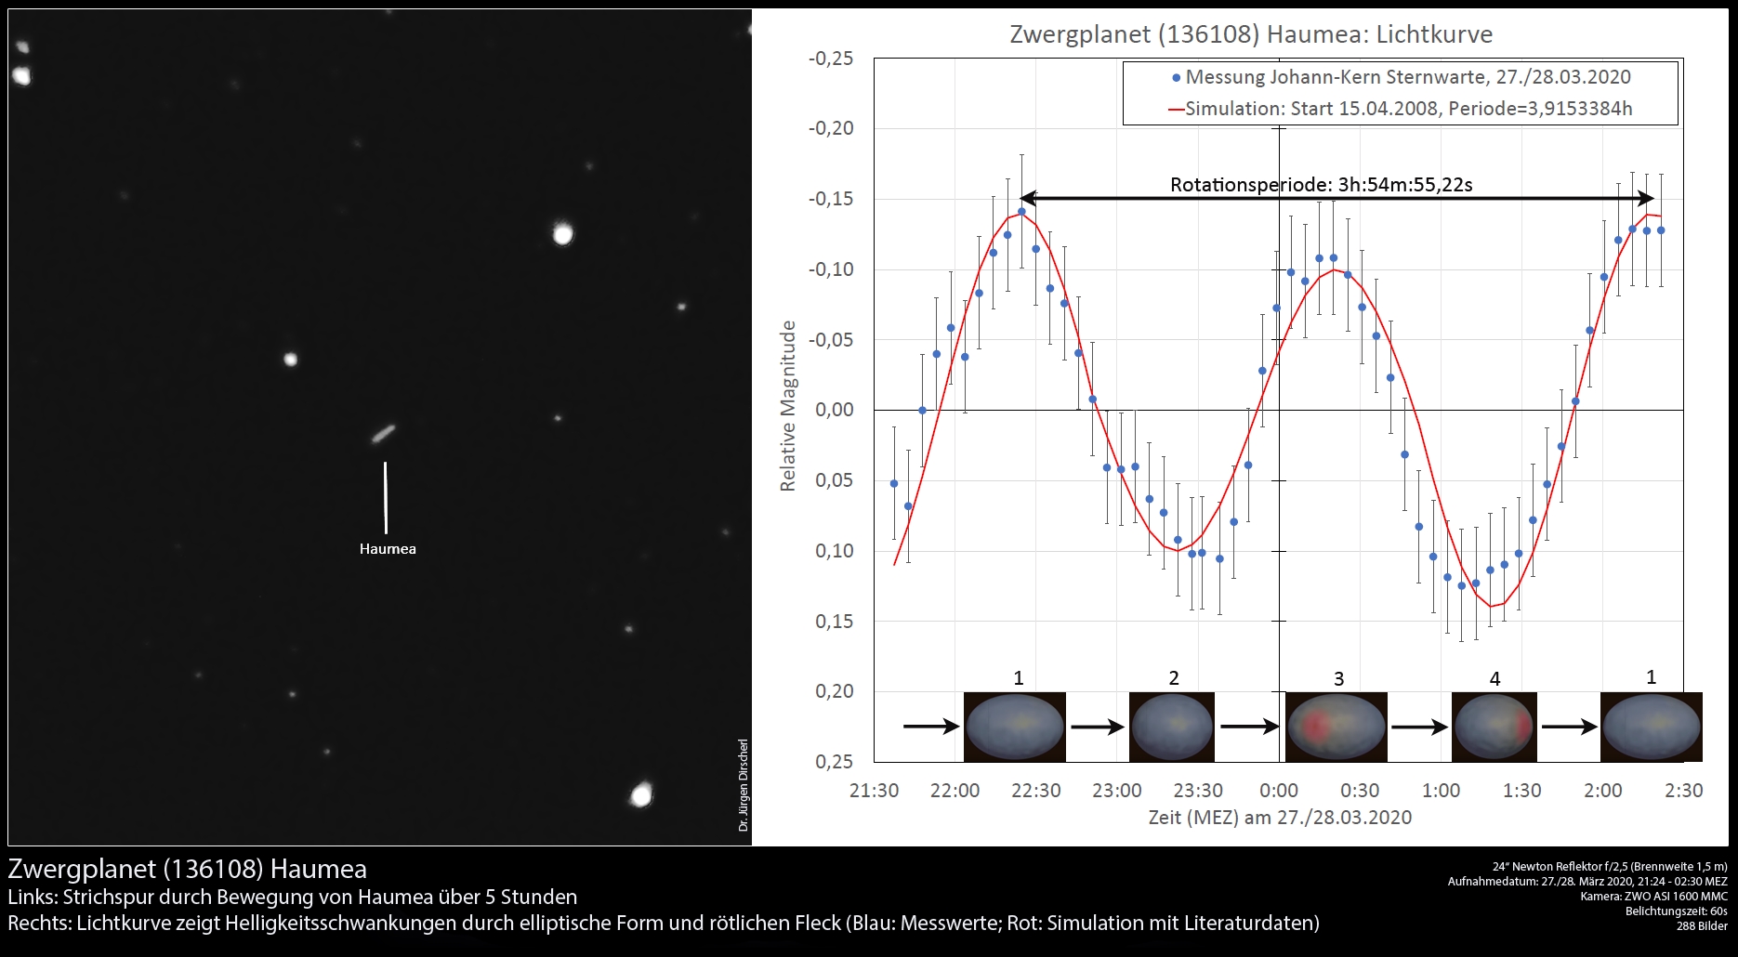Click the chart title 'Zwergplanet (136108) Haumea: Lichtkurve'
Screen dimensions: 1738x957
tap(1251, 34)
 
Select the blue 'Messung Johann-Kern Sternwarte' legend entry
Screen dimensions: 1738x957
tap(1402, 77)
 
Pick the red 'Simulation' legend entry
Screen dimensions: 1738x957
tap(1400, 109)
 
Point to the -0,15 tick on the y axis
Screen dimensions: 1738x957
tap(831, 199)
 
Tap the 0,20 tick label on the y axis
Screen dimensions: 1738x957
tap(835, 691)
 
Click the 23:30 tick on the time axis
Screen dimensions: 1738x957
tap(1198, 791)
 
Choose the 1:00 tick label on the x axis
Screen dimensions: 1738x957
tap(1441, 791)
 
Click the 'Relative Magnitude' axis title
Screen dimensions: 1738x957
tap(788, 406)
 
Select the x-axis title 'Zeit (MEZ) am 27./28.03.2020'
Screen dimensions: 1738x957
tap(1280, 818)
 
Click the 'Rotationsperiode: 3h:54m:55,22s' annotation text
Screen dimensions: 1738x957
tap(1321, 185)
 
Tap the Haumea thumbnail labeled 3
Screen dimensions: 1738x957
tap(1336, 727)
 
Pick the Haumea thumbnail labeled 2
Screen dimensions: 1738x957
tap(1172, 727)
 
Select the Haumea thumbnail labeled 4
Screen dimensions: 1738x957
tap(1494, 727)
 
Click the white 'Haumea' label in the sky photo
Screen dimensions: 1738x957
tap(388, 549)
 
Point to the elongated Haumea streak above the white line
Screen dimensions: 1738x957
tap(383, 433)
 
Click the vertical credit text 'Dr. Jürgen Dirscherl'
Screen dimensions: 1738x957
tap(744, 785)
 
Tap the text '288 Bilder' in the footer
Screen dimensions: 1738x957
tap(1702, 926)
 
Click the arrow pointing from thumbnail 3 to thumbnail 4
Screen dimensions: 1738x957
tap(1419, 728)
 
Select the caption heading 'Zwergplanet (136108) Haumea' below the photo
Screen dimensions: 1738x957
tap(188, 869)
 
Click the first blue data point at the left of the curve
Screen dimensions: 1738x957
tap(894, 484)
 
